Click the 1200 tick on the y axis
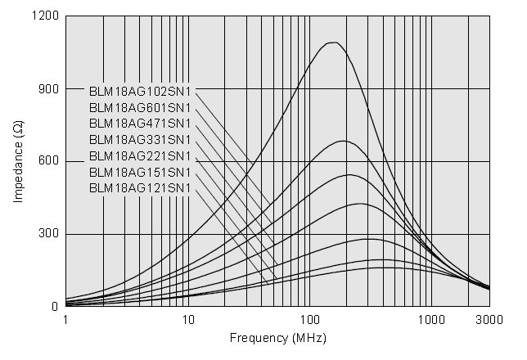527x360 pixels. [46, 16]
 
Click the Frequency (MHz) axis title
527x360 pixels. [277, 337]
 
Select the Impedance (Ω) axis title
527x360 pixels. [18, 161]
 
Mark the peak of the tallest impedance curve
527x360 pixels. [332, 43]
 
